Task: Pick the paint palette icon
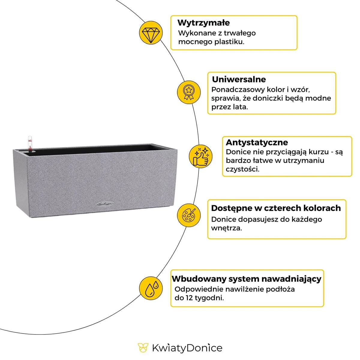(x=189, y=215)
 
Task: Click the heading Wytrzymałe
(x=203, y=23)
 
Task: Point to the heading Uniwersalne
(x=239, y=79)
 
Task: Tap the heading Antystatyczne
(x=256, y=142)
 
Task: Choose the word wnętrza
(x=226, y=228)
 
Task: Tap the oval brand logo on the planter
(x=103, y=204)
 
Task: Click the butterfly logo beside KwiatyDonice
(x=143, y=348)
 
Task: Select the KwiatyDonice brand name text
(x=187, y=348)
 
